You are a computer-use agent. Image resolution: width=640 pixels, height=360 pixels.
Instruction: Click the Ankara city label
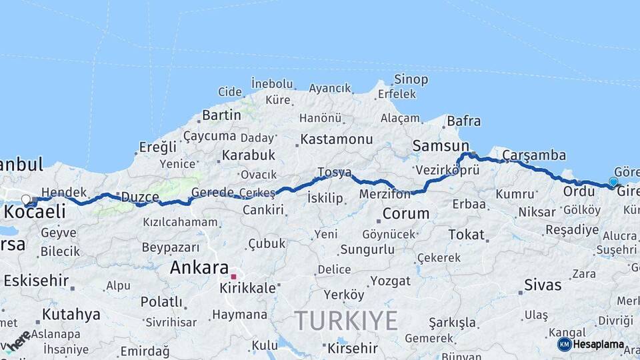199,268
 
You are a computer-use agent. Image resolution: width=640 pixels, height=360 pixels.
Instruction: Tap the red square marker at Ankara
233,276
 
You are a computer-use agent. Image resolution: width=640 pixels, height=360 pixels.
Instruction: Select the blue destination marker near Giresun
613,181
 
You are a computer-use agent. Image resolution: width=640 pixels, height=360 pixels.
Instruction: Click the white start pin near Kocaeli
26,199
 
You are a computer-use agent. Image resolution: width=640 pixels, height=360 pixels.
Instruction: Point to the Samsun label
441,145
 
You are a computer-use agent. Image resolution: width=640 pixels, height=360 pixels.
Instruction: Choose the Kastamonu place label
336,139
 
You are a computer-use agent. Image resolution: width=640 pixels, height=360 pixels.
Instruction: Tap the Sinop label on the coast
411,79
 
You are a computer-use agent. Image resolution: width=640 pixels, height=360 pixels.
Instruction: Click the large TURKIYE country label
346,321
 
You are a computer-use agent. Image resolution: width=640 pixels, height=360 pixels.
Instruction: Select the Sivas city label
543,286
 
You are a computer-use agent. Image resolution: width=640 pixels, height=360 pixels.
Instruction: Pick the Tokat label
466,234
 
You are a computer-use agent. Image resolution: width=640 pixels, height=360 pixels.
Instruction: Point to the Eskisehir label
36,280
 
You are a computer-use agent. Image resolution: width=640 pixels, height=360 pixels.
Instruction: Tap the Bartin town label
221,115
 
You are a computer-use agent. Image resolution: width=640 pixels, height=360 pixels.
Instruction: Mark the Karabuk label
249,155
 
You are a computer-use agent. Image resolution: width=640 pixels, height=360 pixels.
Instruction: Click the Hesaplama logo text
599,345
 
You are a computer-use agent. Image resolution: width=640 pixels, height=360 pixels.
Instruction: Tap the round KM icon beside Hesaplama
564,344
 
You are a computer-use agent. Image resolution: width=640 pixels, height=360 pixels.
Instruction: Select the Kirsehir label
352,348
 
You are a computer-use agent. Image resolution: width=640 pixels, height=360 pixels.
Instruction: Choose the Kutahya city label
71,314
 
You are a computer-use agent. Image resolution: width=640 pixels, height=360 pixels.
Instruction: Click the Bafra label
463,121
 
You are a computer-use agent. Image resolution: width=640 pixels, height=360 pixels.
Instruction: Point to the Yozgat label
390,281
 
